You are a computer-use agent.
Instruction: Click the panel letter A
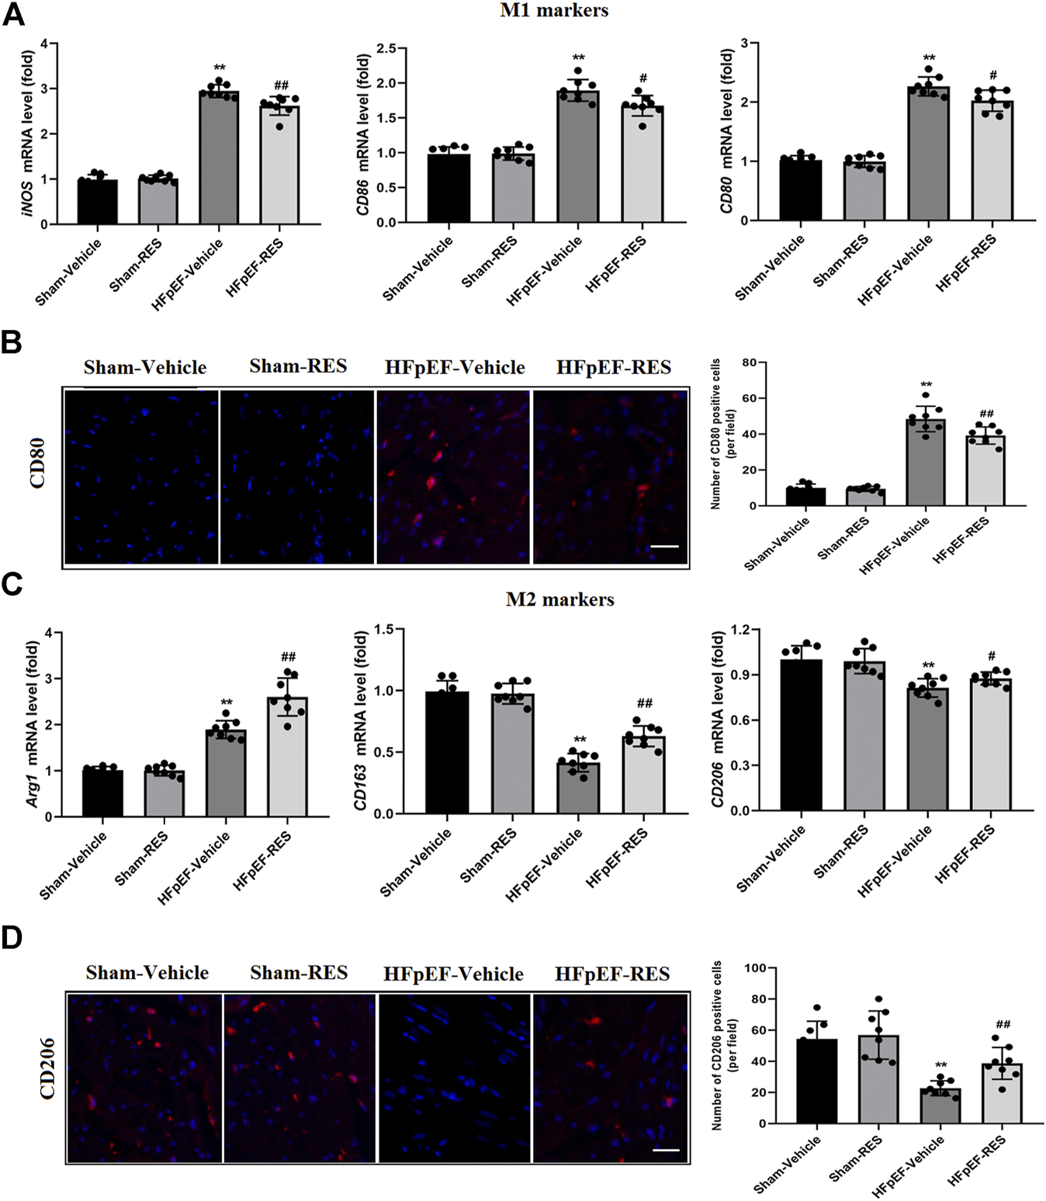(13, 13)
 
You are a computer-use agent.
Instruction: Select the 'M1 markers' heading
(553, 11)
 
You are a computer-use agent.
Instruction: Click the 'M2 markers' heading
(559, 599)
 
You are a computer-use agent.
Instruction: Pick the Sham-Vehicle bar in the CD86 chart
(449, 188)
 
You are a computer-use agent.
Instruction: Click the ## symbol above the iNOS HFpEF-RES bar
(281, 85)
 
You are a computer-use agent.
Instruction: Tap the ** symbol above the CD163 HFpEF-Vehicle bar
(580, 739)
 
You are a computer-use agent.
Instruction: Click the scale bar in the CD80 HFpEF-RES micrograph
(664, 547)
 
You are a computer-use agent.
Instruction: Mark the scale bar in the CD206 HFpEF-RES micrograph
(666, 1150)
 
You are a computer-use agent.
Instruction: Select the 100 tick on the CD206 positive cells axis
(755, 968)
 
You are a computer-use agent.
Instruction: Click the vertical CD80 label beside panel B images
(37, 463)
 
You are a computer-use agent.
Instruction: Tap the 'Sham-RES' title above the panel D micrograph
(299, 973)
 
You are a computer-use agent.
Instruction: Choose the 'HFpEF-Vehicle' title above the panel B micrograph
(455, 367)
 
